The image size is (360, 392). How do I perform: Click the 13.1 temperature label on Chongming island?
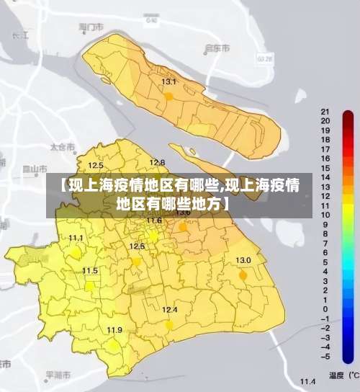click(168, 82)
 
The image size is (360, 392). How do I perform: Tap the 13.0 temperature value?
click(243, 260)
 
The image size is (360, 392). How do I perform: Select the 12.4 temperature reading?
click(169, 310)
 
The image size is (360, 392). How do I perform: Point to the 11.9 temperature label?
click(114, 330)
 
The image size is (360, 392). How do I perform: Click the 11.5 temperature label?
click(90, 271)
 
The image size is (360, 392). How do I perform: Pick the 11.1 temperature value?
click(76, 238)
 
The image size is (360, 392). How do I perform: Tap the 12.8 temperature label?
click(157, 162)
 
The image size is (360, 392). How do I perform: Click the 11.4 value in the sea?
click(308, 381)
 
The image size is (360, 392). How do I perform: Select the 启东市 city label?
click(217, 48)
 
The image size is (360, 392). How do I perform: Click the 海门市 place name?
click(91, 27)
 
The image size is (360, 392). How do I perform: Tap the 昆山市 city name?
click(31, 169)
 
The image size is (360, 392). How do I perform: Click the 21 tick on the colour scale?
click(325, 112)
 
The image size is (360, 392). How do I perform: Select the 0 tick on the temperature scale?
click(326, 308)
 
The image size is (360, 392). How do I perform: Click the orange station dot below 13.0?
click(243, 275)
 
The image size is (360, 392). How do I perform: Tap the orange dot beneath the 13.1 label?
click(168, 95)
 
